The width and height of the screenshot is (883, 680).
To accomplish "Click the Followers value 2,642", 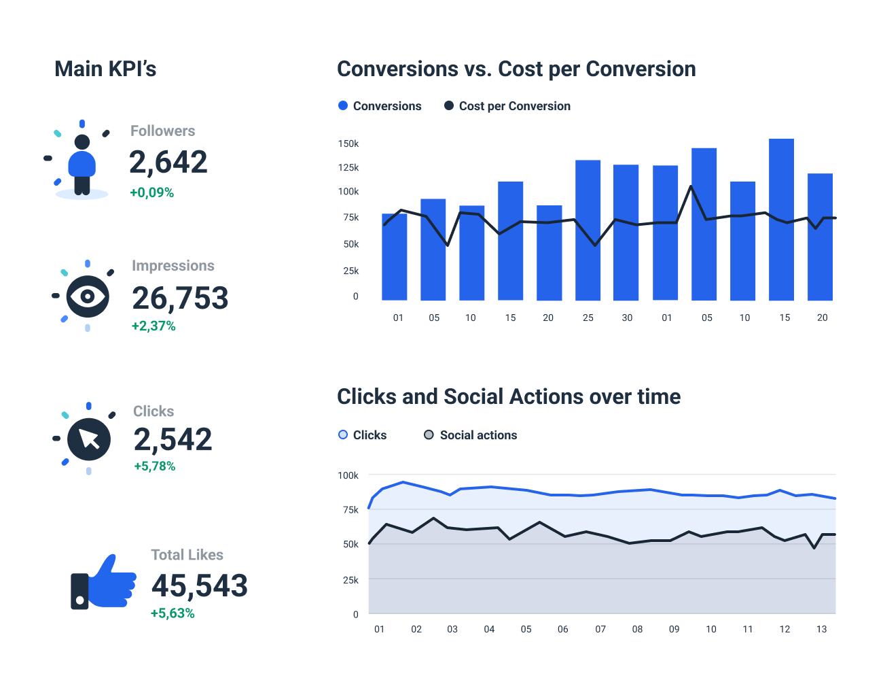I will point(168,163).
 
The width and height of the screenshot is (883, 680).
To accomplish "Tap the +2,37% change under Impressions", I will point(154,326).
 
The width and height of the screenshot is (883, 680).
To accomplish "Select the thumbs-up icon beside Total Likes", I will point(105,582).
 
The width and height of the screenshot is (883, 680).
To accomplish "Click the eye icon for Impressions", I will point(88,296).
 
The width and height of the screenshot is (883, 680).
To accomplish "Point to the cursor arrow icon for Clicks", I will point(89,439).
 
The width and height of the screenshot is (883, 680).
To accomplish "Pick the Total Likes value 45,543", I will point(199,586).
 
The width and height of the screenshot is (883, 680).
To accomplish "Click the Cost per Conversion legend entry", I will point(507,106).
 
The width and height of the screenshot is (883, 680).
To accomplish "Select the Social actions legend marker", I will point(429,435).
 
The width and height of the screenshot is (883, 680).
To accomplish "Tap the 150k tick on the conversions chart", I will point(348,143).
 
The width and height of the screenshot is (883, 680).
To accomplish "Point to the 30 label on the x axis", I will point(627,318).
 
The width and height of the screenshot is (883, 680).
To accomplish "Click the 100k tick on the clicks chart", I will point(348,475).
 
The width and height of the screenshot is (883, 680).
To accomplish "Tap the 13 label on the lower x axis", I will point(821,629).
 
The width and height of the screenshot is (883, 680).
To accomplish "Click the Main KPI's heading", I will point(105,69).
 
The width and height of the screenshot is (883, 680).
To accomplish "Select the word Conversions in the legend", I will point(386,106).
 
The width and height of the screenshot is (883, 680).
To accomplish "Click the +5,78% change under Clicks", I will point(155,466).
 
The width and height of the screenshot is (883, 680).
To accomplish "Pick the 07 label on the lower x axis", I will point(600,629).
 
